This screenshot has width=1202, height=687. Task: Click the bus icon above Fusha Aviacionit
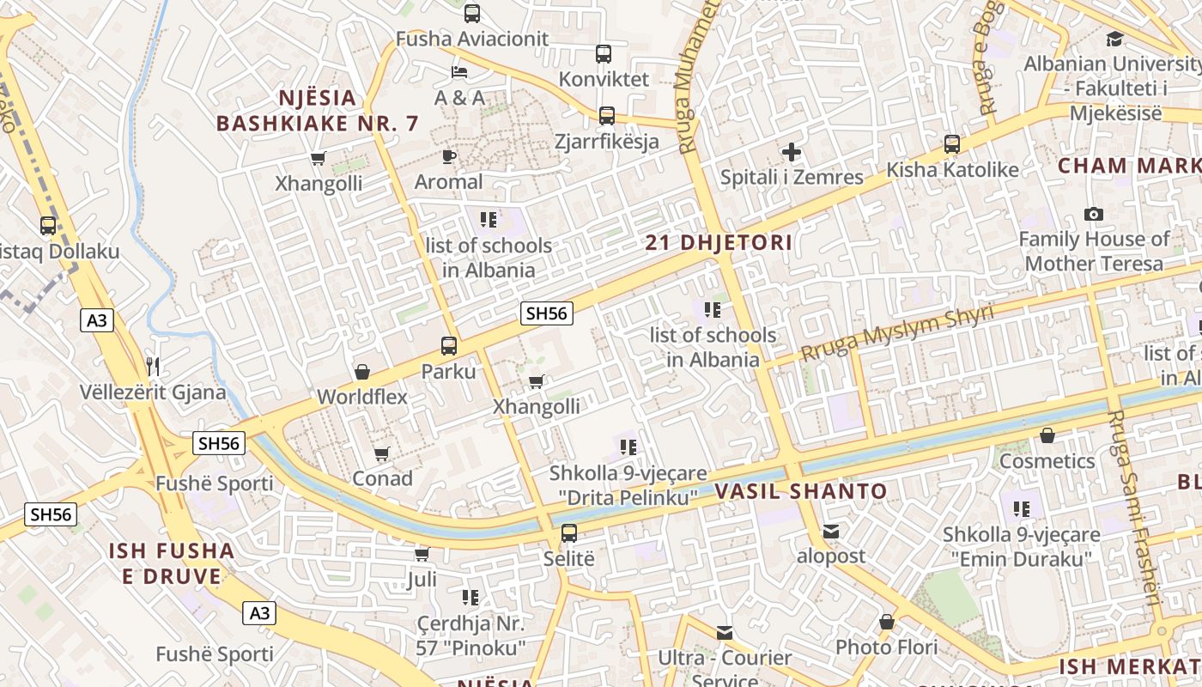point(472,13)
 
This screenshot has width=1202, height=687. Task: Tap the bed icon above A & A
point(459,70)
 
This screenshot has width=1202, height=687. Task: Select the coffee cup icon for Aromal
point(448,155)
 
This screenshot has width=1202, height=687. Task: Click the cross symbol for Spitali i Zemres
point(792,153)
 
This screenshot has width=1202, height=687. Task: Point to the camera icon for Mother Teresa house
point(1094,214)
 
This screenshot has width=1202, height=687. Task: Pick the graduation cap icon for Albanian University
point(1114,39)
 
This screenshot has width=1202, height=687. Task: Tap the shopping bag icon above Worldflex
point(362,372)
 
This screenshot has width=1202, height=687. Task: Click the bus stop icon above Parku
point(449,346)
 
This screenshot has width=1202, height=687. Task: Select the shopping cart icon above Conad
point(382,453)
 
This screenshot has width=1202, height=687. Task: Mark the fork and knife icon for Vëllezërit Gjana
point(154,367)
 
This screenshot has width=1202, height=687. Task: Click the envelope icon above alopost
point(831,532)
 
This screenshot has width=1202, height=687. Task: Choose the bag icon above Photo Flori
point(887,621)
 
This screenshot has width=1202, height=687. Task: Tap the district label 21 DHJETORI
point(719,243)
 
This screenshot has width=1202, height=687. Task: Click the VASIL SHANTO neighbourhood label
point(801,492)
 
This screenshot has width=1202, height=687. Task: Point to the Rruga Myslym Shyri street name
point(896,333)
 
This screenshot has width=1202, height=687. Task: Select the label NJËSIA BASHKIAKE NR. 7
point(318,111)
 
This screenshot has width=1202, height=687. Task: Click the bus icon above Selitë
point(569,533)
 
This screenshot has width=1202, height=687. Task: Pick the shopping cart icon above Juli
point(422,554)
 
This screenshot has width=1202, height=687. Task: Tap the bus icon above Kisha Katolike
point(952,144)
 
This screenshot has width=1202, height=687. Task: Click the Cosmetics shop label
point(1047,461)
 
